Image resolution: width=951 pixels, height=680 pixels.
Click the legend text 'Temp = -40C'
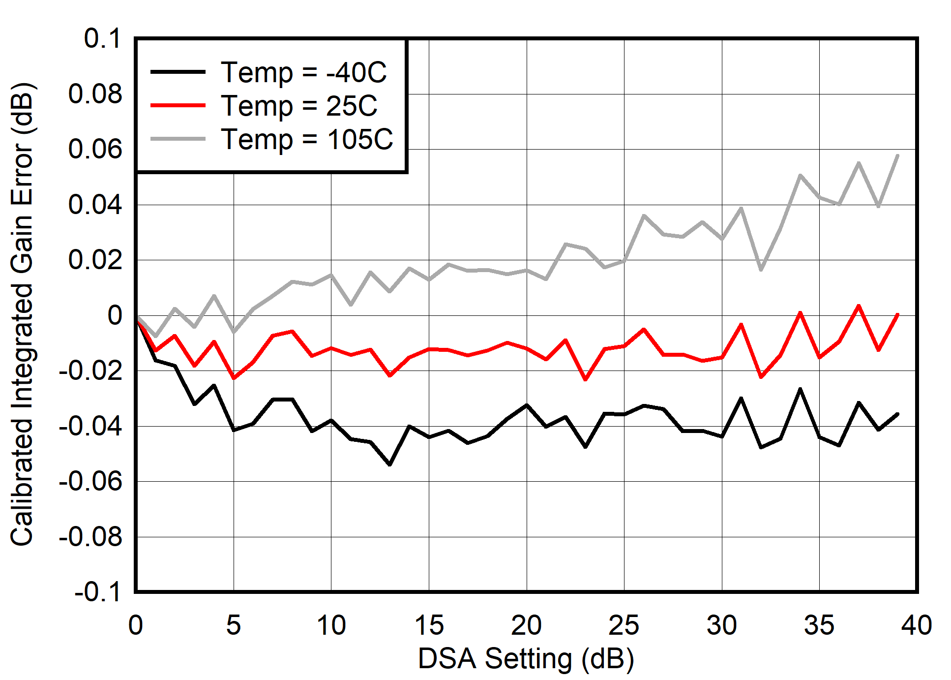click(x=303, y=73)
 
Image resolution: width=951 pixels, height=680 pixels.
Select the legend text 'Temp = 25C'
click(x=299, y=106)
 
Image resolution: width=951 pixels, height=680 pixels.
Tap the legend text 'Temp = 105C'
click(x=307, y=139)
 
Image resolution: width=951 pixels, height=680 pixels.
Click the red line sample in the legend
click(x=178, y=105)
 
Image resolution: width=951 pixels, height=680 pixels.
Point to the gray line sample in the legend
click(x=178, y=139)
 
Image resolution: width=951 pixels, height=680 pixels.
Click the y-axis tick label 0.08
click(x=95, y=93)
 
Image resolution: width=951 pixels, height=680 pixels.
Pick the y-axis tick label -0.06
click(x=90, y=481)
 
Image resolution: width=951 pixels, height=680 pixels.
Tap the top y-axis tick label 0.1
click(x=102, y=38)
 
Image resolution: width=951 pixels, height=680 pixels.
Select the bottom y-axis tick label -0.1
click(x=97, y=591)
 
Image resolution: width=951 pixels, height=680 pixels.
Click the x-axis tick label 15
click(x=429, y=625)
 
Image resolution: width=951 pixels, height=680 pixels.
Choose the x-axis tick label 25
click(x=624, y=625)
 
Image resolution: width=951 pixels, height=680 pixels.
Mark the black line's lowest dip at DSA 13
click(x=390, y=464)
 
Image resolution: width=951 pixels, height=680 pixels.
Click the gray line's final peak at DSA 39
click(x=897, y=156)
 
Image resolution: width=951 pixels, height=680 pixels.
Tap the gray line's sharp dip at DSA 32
click(x=761, y=270)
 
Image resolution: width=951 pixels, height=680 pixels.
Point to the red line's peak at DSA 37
click(x=859, y=306)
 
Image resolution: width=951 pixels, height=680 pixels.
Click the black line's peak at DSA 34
click(x=800, y=389)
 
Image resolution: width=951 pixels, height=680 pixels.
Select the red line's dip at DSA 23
click(x=585, y=379)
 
